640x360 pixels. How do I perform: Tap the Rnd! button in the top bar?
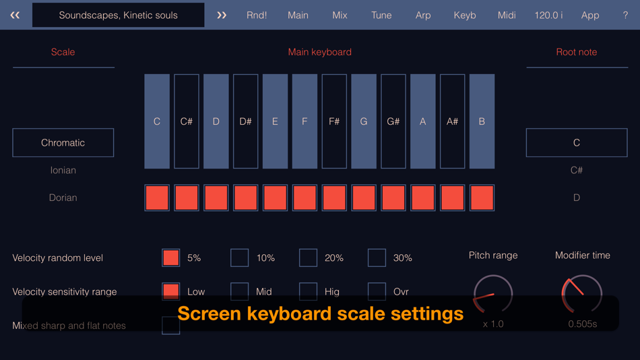coord(257,15)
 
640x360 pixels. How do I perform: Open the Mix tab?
coord(340,15)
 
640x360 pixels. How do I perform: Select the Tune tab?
coord(381,15)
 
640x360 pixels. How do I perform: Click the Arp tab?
coord(423,15)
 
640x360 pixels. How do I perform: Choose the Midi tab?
coord(507,15)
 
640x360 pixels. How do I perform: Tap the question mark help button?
coord(625,15)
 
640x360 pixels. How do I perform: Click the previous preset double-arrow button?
coord(15,15)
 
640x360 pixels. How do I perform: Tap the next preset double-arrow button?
coord(222,15)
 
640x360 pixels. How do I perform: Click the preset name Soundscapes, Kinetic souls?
coord(119,15)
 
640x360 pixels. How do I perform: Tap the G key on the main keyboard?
coord(364,121)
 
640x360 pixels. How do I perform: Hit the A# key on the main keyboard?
coord(452,121)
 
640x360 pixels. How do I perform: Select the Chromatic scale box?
coord(63,143)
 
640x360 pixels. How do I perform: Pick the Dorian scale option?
coord(63,198)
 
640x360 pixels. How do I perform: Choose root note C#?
coord(577,171)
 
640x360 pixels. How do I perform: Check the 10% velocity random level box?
coord(240,258)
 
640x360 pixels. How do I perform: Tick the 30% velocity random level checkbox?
coord(377,258)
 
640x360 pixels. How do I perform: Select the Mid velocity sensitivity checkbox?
coord(240,291)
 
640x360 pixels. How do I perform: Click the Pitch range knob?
coord(493,294)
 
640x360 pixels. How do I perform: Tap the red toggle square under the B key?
coord(482,198)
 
